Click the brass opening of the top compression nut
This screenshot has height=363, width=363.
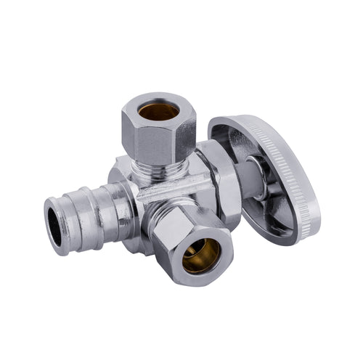click(x=158, y=110)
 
